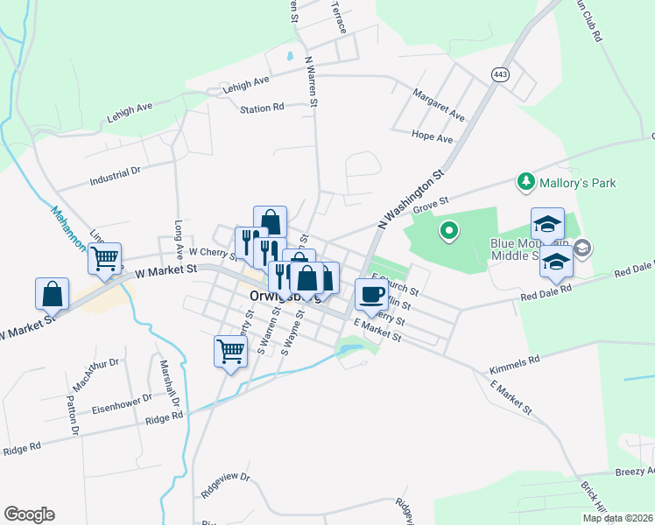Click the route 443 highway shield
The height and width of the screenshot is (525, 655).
pos(500,75)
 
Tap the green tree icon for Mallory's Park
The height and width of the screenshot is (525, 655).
pos(526,182)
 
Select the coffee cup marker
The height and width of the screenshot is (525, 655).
pos(370,294)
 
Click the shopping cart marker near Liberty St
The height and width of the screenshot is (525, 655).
pos(230,352)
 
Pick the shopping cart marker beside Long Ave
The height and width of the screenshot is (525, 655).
pos(104,258)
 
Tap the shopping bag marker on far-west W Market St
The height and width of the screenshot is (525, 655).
pos(52,293)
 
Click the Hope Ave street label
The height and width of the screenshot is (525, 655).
pos(433,137)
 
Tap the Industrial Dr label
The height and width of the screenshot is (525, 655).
pos(116,178)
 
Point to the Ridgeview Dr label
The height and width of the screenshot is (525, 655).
pos(225,486)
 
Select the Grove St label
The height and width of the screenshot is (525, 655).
pos(430,203)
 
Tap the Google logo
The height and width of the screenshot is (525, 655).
pos(29,514)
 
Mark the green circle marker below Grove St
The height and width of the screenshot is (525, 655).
pos(448,231)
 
